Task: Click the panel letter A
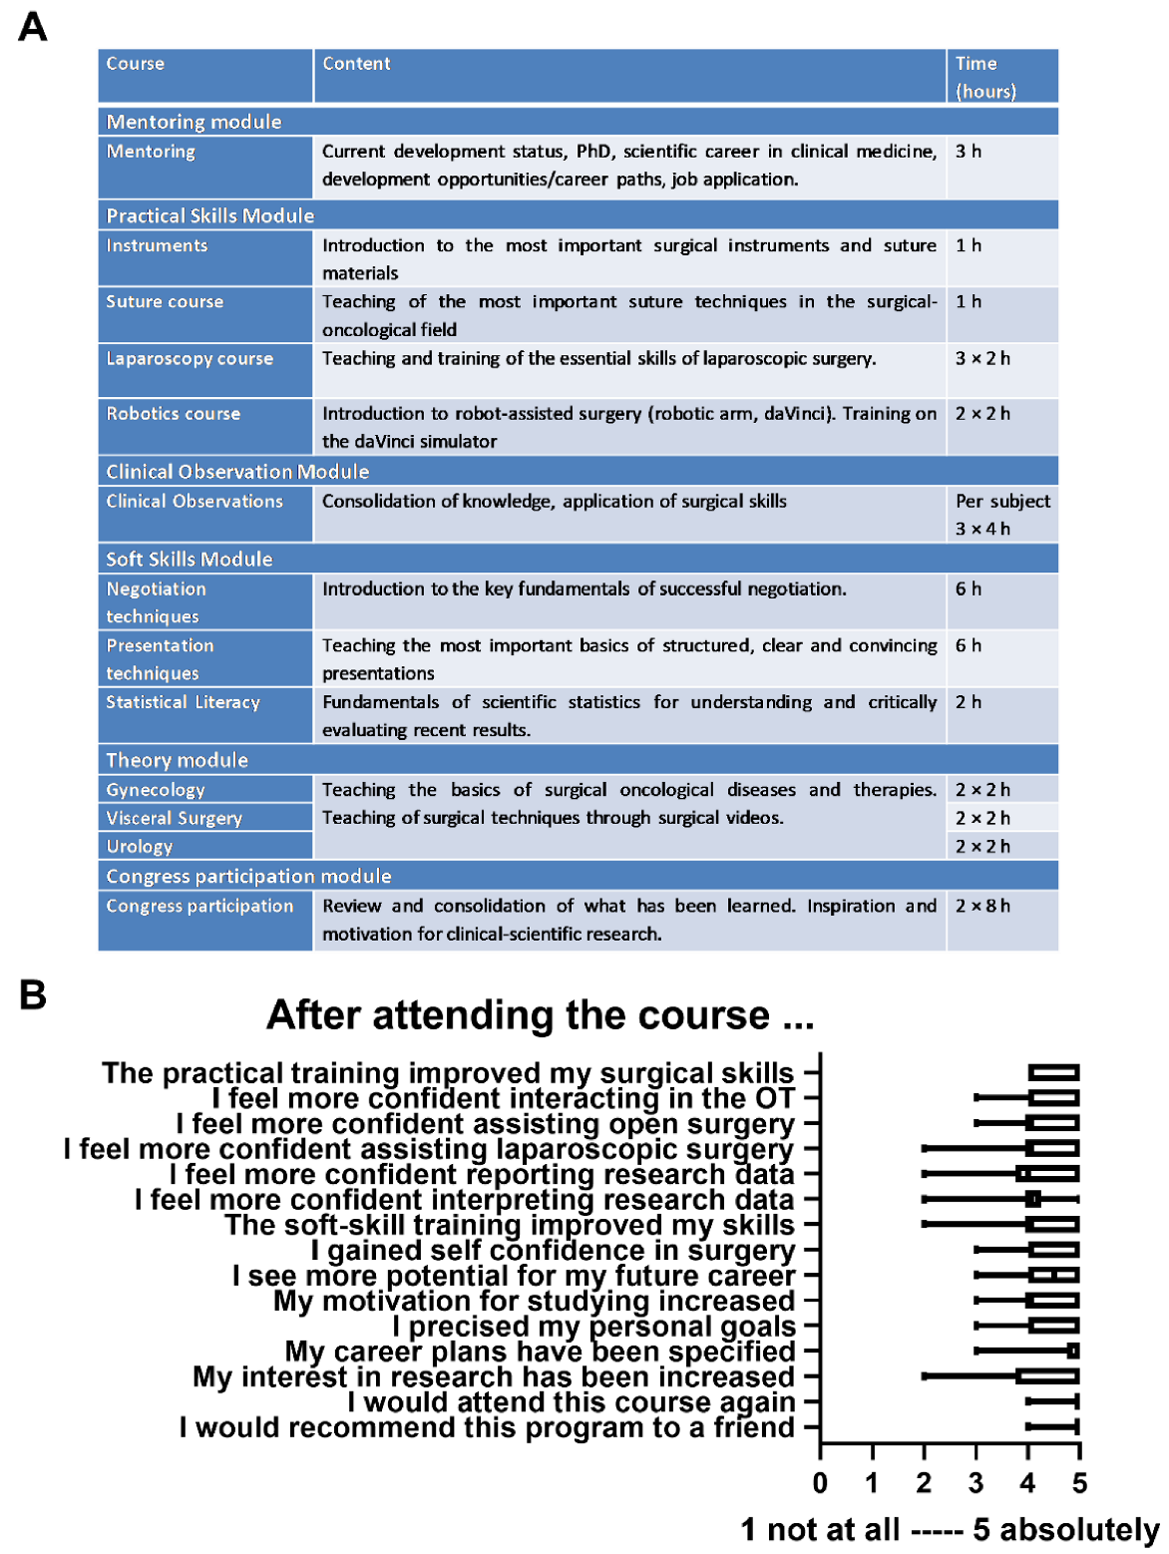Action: pyautogui.click(x=33, y=27)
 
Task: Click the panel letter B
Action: pyautogui.click(x=33, y=994)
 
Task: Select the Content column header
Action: pyautogui.click(x=356, y=64)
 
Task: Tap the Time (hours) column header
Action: pyautogui.click(x=984, y=77)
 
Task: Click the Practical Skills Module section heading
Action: pyautogui.click(x=209, y=215)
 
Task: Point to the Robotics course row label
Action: pyautogui.click(x=174, y=414)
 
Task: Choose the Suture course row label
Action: pyautogui.click(x=165, y=302)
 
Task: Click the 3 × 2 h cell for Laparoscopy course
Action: pyautogui.click(x=982, y=359)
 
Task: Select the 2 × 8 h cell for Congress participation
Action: pyautogui.click(x=982, y=907)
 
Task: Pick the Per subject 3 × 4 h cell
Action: pyautogui.click(x=1001, y=515)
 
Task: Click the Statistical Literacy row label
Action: pyautogui.click(x=183, y=703)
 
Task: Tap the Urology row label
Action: pyautogui.click(x=140, y=847)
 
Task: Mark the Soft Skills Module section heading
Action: pyautogui.click(x=189, y=560)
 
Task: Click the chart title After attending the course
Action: pyautogui.click(x=540, y=1015)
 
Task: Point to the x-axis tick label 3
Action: pyautogui.click(x=975, y=1483)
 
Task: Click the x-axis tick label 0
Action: pyautogui.click(x=820, y=1483)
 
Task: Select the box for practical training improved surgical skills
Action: pyautogui.click(x=1053, y=1073)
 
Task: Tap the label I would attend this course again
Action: pyautogui.click(x=571, y=1402)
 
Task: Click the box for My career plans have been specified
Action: pyautogui.click(x=1073, y=1352)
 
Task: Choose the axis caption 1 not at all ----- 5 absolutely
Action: pyautogui.click(x=949, y=1530)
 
